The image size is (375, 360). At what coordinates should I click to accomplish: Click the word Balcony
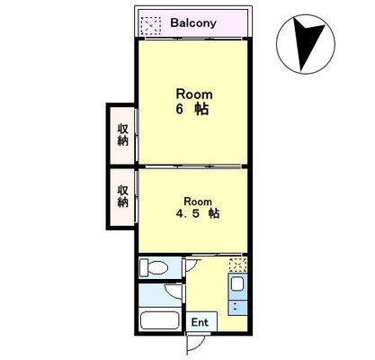(193, 23)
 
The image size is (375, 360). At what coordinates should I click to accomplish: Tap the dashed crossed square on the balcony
(151, 26)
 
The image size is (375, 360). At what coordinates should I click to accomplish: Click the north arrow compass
(306, 44)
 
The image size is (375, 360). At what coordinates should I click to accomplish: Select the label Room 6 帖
(194, 102)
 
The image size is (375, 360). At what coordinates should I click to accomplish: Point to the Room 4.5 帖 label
(198, 208)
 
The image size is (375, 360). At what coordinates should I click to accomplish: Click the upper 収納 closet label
(122, 134)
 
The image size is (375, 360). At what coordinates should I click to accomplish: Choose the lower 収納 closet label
(122, 196)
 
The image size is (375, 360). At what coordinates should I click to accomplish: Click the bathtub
(160, 320)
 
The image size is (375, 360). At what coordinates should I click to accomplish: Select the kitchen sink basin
(237, 283)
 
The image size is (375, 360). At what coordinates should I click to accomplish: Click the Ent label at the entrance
(200, 322)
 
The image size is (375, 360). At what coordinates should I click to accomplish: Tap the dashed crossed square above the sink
(238, 265)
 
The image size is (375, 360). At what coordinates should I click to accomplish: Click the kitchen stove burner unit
(237, 307)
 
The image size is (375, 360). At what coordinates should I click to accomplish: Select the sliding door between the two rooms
(193, 166)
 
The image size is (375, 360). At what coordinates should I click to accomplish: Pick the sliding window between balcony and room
(193, 39)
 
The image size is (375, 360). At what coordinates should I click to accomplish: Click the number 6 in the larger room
(179, 109)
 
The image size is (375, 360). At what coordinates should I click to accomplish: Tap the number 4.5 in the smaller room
(186, 213)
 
